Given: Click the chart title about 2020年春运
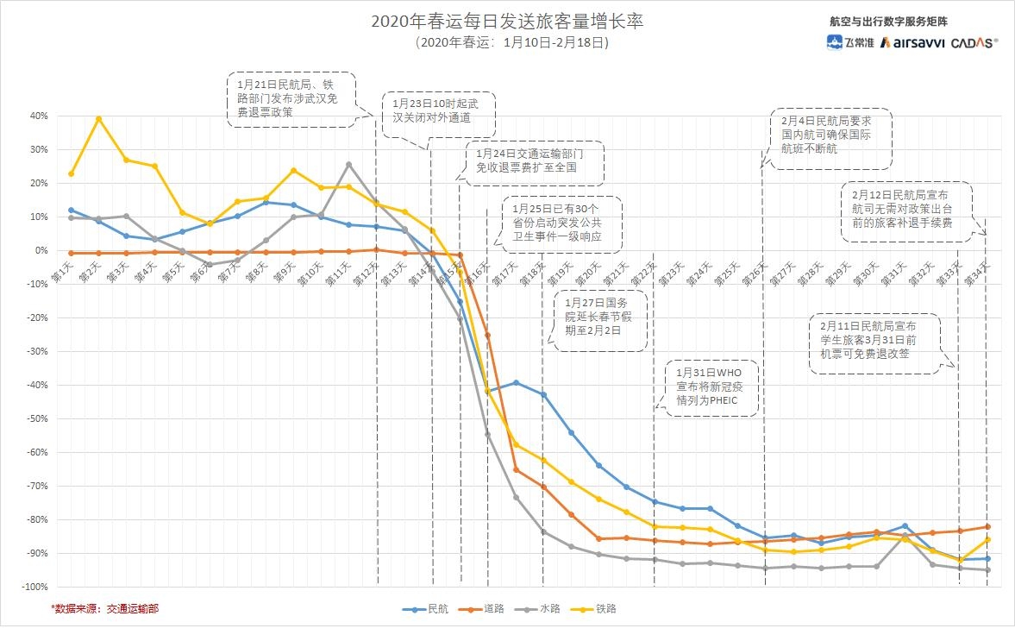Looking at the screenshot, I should coord(507,22).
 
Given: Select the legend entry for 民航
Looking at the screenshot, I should coord(426,609).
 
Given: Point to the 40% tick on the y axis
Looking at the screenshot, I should coord(39,116).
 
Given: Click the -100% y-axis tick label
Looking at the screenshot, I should coord(35,587).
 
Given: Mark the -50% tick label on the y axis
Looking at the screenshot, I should coord(38,418).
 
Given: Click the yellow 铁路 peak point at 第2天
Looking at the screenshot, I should coord(98,119).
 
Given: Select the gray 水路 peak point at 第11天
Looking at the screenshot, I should coord(348,164).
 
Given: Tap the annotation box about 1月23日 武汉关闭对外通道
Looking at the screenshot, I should coord(437,111).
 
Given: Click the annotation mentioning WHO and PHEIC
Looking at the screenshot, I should coord(709,387).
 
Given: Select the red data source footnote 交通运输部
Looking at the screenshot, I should coord(104,609).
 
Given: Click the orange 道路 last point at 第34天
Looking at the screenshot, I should coord(987,526).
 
